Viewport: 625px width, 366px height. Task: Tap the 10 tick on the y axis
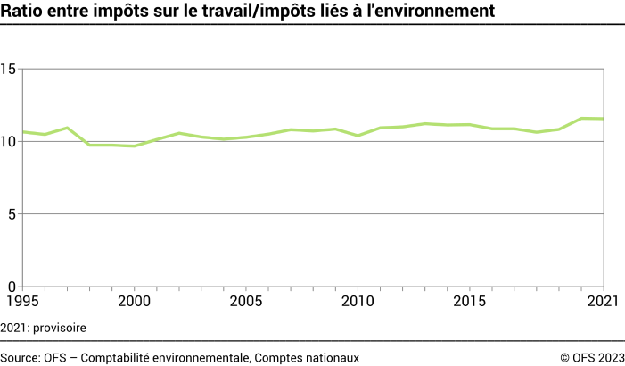[9, 142]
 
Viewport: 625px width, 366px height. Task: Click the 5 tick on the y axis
[12, 214]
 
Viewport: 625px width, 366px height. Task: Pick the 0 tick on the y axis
[12, 287]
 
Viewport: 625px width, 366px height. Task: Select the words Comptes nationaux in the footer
[307, 357]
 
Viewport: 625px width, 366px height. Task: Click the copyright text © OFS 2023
[591, 357]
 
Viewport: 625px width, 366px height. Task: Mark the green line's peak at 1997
[67, 128]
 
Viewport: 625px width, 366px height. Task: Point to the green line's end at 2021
[604, 119]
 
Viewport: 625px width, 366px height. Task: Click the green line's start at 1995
[22, 132]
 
